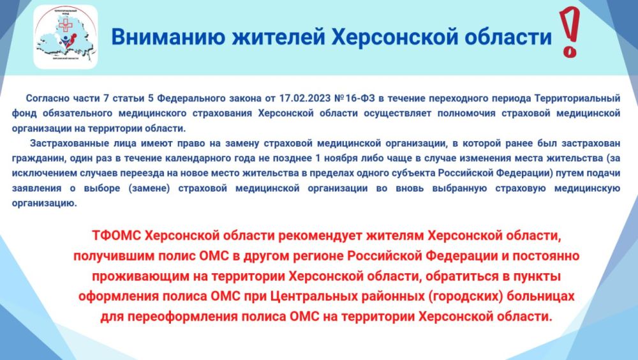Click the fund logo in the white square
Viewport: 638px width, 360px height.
[x=65, y=36]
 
